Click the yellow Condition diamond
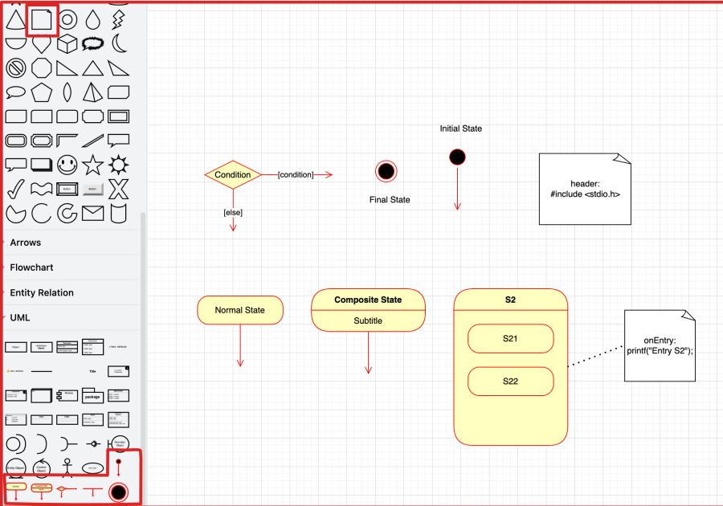(233, 174)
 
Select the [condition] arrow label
(295, 174)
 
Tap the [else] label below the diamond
(233, 213)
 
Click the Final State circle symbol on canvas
(386, 171)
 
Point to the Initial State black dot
(457, 157)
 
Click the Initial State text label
(460, 129)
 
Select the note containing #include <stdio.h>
(584, 190)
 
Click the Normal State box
(239, 310)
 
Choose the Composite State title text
(368, 300)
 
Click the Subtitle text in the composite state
(368, 320)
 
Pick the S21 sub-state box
(510, 338)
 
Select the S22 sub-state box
(510, 381)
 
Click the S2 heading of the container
(510, 300)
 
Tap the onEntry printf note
(659, 345)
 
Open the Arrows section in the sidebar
(26, 243)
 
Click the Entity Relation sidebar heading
(42, 292)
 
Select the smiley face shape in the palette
(67, 165)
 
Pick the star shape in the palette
(93, 165)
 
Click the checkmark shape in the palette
(15, 190)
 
